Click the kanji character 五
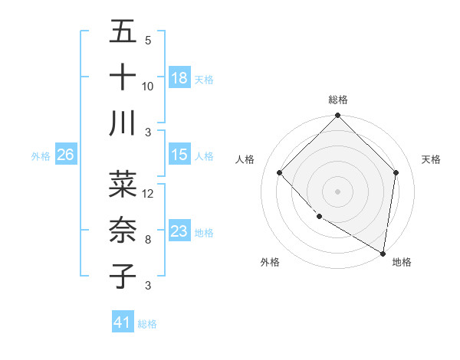pos(123,33)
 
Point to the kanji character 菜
pos(123,185)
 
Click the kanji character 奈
pos(123,230)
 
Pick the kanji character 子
pos(123,275)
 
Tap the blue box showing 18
pos(179,77)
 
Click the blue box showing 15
pos(179,155)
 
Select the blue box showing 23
pos(179,231)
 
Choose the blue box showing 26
pos(65,155)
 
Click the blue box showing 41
pos(123,322)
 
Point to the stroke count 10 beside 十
pos(148,87)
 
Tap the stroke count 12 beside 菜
pos(148,194)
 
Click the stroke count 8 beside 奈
pos(147,240)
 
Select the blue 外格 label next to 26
pos(41,155)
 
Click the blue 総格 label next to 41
pos(147,323)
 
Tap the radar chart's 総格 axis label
pos(337,100)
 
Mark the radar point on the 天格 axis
pos(396,172)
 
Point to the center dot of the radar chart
pos(337,191)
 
